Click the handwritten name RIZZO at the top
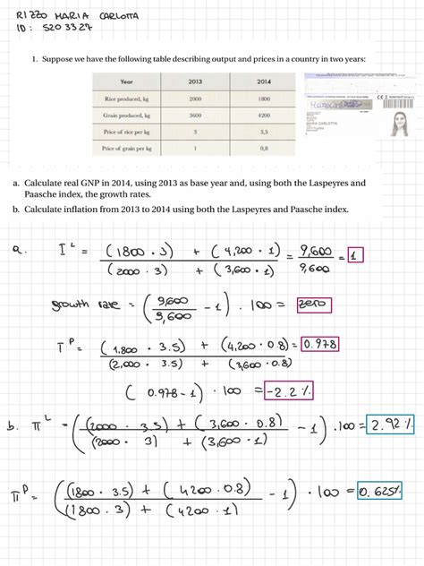pos(29,16)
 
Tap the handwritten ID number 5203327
pos(64,29)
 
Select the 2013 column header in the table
pos(195,81)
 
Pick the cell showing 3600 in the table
pos(195,116)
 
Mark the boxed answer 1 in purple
pos(356,254)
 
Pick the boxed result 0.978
pos(319,344)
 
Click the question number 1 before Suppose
pos(34,59)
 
